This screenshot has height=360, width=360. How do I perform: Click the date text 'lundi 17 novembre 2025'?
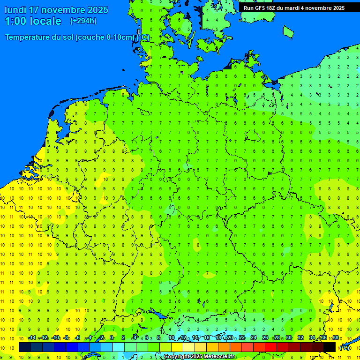pyautogui.click(x=56, y=10)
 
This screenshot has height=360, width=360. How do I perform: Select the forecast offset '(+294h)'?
pyautogui.click(x=83, y=21)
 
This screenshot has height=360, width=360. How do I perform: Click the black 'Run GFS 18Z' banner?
pyautogui.click(x=294, y=7)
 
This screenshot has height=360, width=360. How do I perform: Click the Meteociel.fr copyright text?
pyautogui.click(x=199, y=357)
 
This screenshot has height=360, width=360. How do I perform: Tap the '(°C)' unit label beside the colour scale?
pyautogui.click(x=344, y=348)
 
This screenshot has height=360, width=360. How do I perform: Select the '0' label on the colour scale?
pyautogui.click(x=112, y=337)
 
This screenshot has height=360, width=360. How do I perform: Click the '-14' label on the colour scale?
pyautogui.click(x=32, y=337)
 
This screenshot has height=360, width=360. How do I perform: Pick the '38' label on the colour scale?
pyautogui.click(x=335, y=337)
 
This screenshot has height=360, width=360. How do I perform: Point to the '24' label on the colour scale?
pyautogui.click(x=254, y=337)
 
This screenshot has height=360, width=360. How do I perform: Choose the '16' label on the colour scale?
pyautogui.click(x=207, y=337)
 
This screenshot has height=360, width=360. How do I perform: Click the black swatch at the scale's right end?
pyautogui.click(x=330, y=347)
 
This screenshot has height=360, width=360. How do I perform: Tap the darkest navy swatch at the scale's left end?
pyautogui.click(x=24, y=347)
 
